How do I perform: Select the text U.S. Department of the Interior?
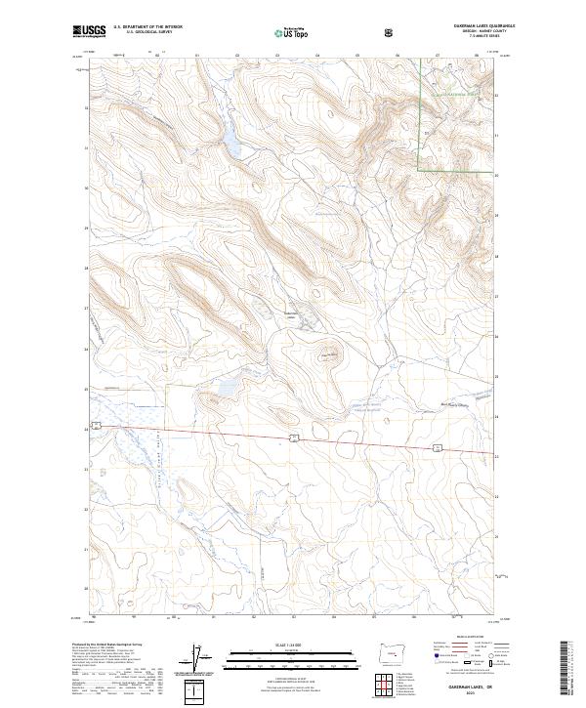point(146,26)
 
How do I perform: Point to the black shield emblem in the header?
point(391,32)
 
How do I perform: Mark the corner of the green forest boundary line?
point(420,171)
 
